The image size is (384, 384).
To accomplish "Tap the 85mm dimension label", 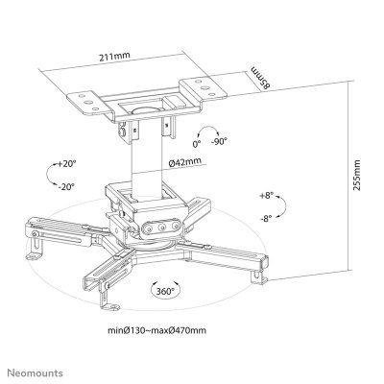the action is pyautogui.click(x=260, y=78).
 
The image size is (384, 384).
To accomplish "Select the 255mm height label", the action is pyautogui.click(x=356, y=176).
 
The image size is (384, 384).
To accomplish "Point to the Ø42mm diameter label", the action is pyautogui.click(x=185, y=162).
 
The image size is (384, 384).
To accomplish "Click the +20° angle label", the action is pyautogui.click(x=67, y=163).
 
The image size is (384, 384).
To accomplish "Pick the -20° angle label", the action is pyautogui.click(x=66, y=186).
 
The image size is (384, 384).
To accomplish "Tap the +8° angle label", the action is pyautogui.click(x=267, y=195).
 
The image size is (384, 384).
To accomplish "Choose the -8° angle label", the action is pyautogui.click(x=266, y=218).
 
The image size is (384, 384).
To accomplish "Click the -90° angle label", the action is pyautogui.click(x=219, y=141).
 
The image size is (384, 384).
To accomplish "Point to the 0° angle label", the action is pyautogui.click(x=197, y=144).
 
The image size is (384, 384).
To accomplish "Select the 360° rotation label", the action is pyautogui.click(x=165, y=291).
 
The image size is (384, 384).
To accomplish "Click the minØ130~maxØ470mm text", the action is pyautogui.click(x=156, y=330).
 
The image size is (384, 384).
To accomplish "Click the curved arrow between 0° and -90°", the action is pyautogui.click(x=206, y=128).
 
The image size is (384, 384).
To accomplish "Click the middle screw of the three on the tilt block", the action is pyautogui.click(x=162, y=227).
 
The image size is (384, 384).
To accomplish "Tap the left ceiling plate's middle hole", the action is pyautogui.click(x=88, y=102).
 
